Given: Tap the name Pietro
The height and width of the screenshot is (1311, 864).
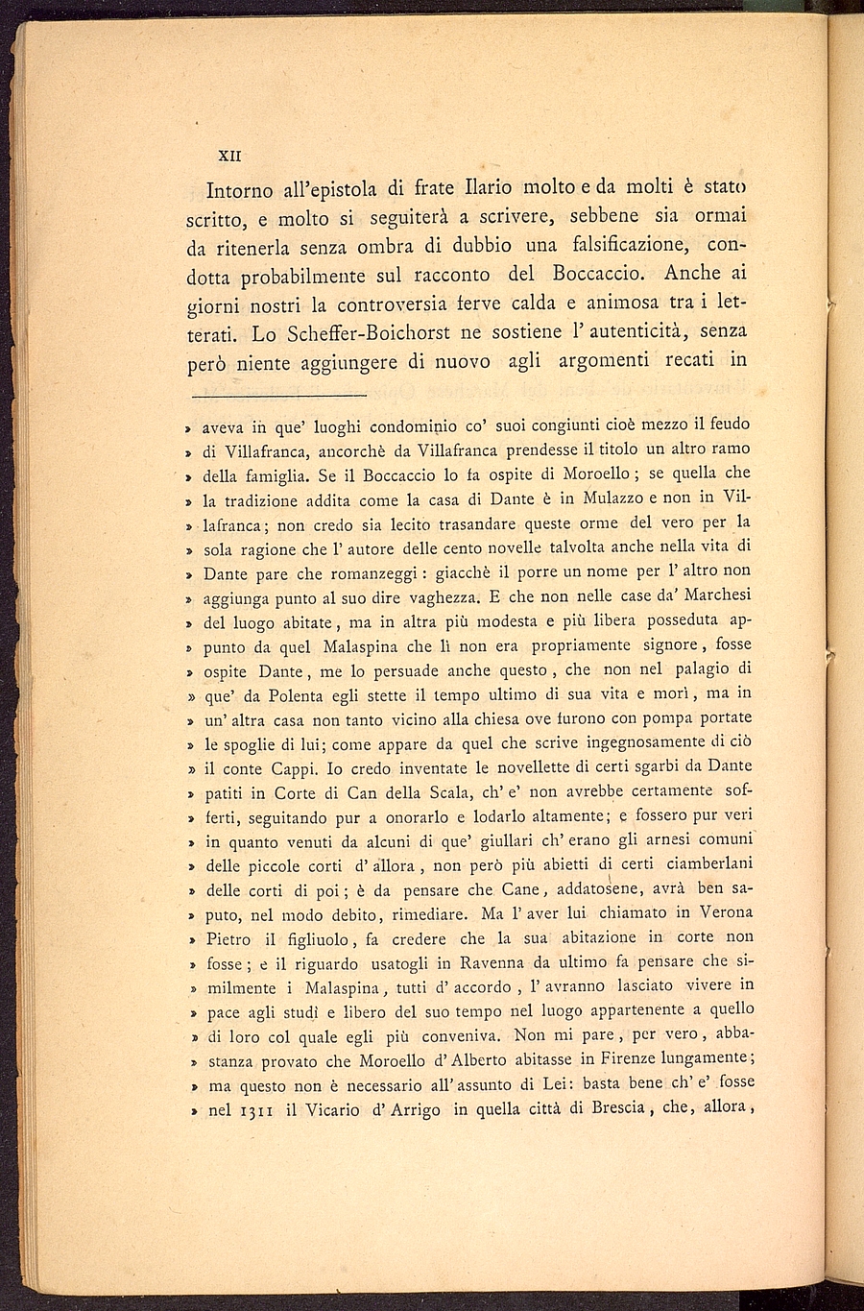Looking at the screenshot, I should (x=228, y=938).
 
